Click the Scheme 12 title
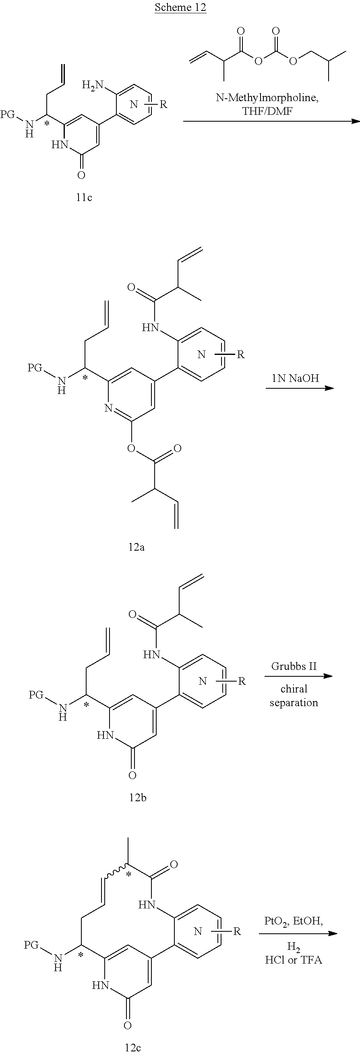[x=180, y=8]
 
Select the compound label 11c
[x=84, y=197]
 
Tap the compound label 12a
[x=137, y=547]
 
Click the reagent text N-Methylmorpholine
[x=267, y=98]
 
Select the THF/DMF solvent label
[x=268, y=111]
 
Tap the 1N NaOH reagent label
[x=295, y=378]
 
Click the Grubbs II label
[x=294, y=666]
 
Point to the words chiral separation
[x=294, y=696]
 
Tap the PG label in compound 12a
[x=35, y=368]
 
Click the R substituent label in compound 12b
[x=242, y=682]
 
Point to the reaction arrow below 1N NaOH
[x=299, y=388]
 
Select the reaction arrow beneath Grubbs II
[x=298, y=676]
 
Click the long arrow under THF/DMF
[x=271, y=121]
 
